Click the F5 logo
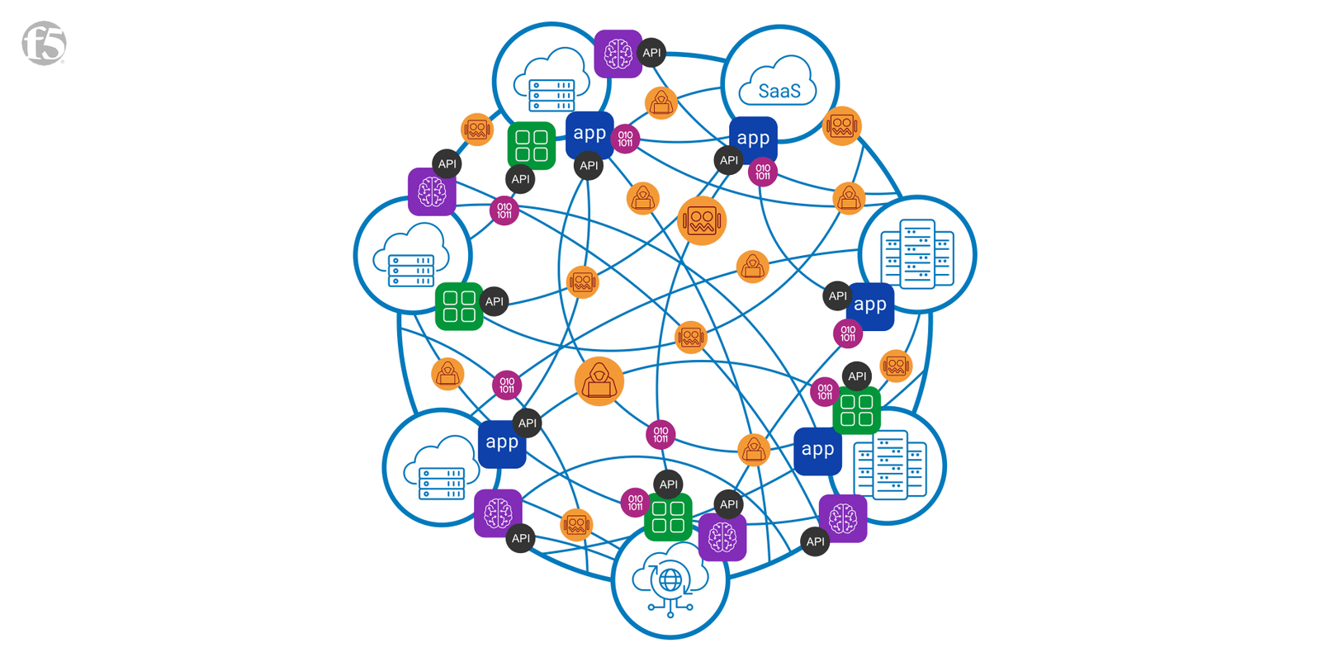(x=44, y=44)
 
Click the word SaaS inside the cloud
(x=779, y=91)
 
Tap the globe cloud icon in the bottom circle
(x=670, y=582)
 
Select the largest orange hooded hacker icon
(x=599, y=381)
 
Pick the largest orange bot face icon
(x=702, y=220)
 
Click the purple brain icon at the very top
(x=618, y=54)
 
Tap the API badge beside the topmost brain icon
(x=651, y=53)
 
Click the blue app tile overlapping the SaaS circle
(x=753, y=139)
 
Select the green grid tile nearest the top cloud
(x=531, y=146)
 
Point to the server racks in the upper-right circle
(x=916, y=254)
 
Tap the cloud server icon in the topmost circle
(x=552, y=83)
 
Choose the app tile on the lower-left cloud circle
(x=502, y=443)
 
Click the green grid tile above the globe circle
(x=668, y=517)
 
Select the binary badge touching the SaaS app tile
(x=763, y=172)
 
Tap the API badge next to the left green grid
(x=495, y=301)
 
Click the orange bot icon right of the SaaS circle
(x=842, y=126)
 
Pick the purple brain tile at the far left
(x=432, y=192)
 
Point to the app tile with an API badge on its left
(x=870, y=305)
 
